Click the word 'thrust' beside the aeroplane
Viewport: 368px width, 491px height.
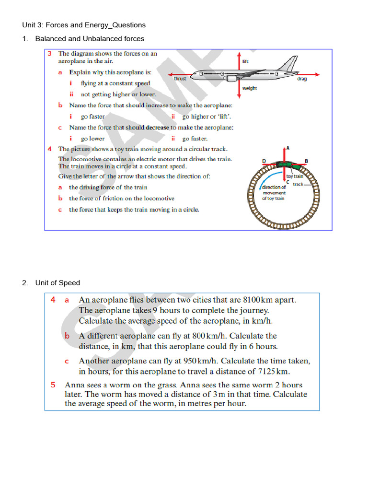180,79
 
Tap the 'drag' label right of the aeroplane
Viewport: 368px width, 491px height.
302,79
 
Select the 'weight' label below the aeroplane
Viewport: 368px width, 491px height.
250,88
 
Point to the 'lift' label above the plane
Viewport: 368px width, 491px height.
245,61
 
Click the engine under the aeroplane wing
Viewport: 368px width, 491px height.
230,78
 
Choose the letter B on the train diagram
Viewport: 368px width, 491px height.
307,161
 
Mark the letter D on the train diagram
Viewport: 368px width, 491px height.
264,161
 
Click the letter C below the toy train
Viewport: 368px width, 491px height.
287,182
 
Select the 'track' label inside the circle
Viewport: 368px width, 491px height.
298,184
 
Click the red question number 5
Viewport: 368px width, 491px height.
53,385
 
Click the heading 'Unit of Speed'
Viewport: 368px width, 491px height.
57,283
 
